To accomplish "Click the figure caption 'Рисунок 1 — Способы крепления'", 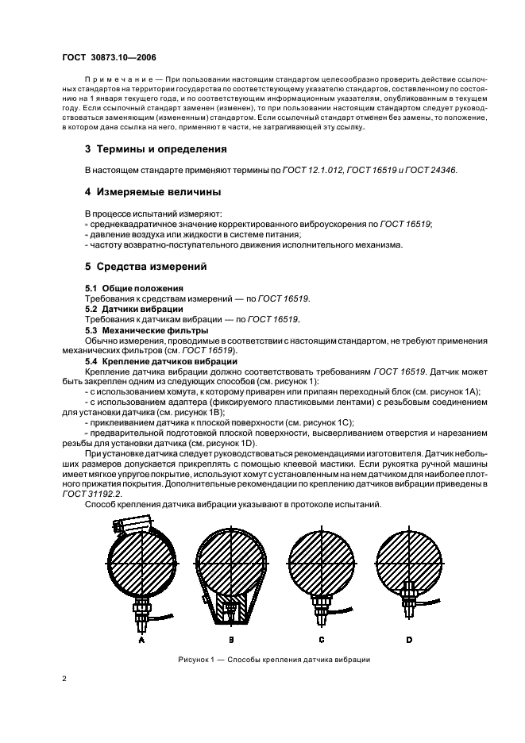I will coord(274,660).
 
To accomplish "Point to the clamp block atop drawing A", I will coord(128,525).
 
